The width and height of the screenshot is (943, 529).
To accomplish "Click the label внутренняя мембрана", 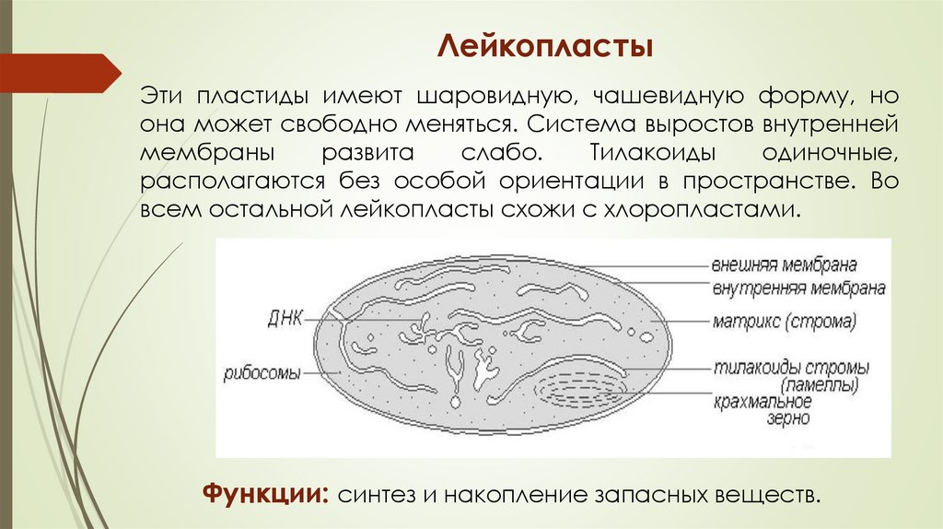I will [797, 288].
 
